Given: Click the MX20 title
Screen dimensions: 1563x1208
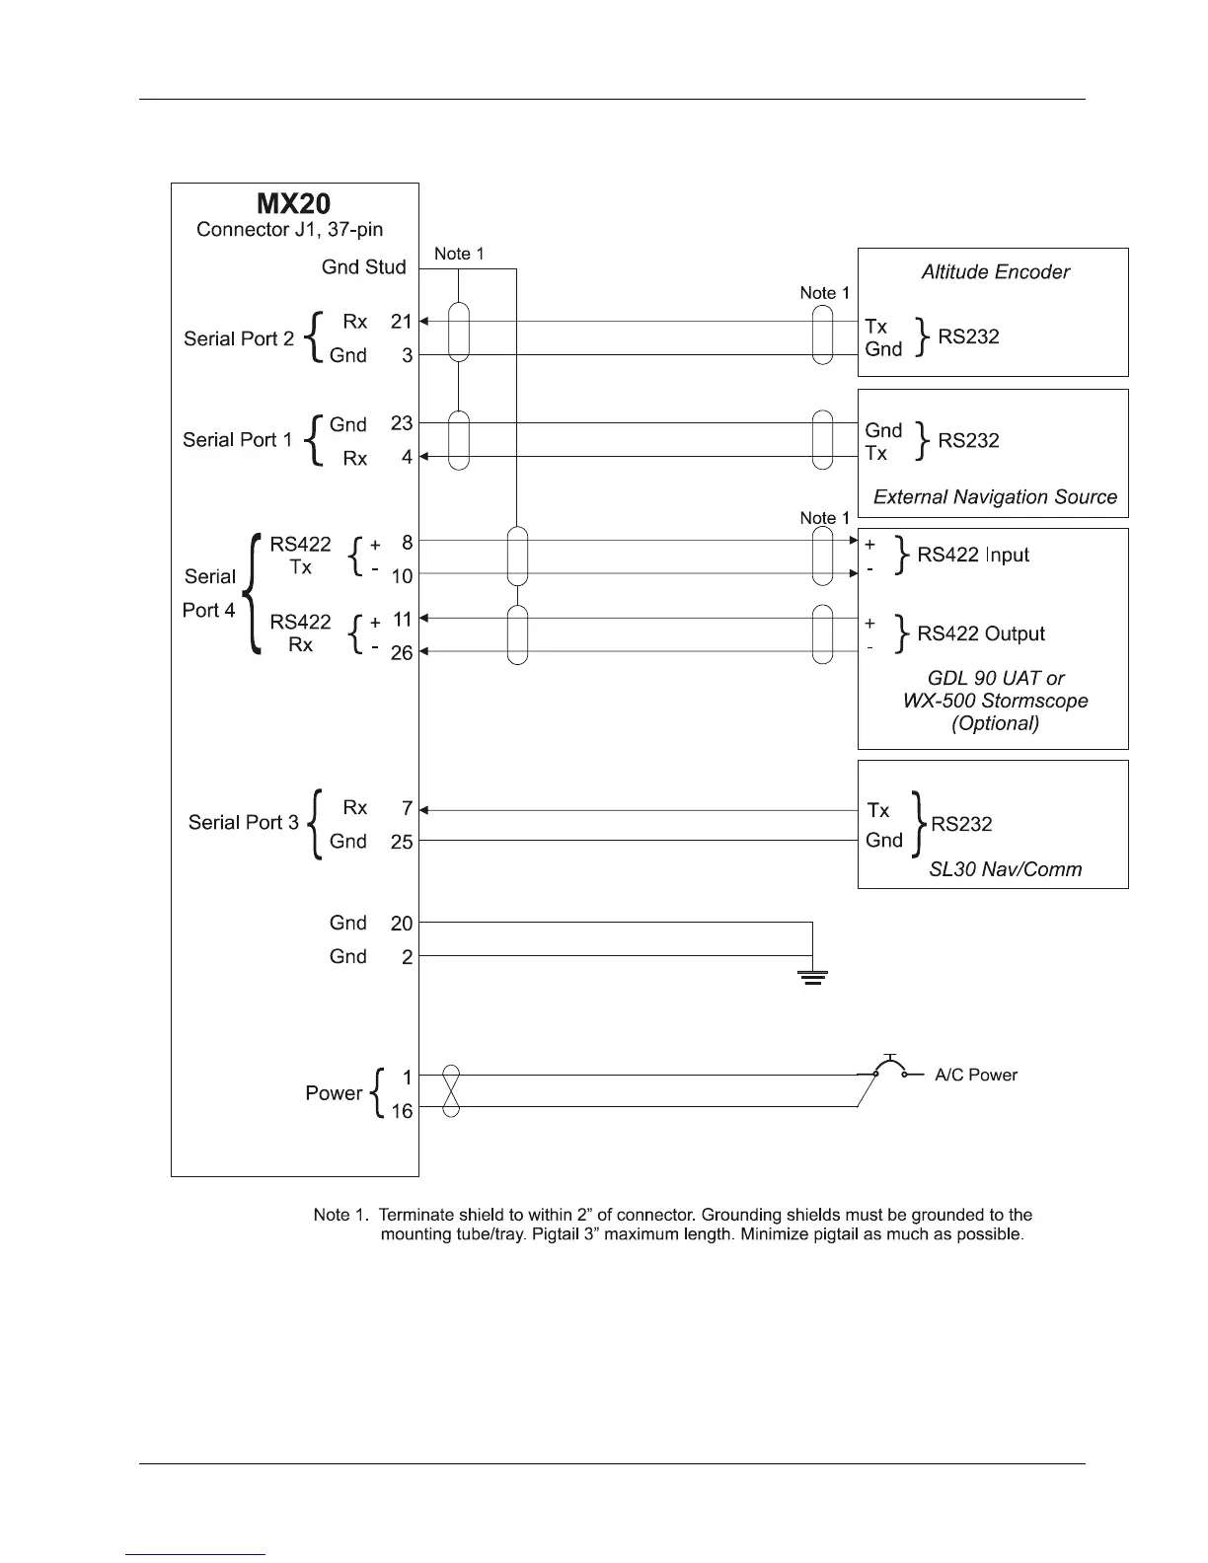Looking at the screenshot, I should [x=294, y=204].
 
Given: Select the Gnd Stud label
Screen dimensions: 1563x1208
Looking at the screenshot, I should [x=363, y=267].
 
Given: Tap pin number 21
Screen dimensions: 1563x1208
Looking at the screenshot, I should [x=401, y=322].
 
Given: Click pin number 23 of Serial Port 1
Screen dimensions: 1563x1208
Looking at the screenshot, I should [x=401, y=423].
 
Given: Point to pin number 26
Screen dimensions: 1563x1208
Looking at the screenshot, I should [x=401, y=653].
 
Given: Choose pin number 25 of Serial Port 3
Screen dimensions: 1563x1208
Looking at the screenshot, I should [x=401, y=842].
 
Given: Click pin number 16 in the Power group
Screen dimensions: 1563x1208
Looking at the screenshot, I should [x=401, y=1111].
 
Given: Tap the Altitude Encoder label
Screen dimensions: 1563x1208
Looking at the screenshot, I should [x=995, y=272].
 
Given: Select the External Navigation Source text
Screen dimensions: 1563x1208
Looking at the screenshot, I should [x=995, y=497].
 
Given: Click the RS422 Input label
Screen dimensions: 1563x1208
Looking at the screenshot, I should [x=973, y=555].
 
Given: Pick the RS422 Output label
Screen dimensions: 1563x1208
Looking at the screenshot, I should [x=981, y=633].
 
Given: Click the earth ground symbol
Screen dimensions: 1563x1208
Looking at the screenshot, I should [x=812, y=978].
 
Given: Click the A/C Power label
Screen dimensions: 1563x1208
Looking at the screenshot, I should [x=975, y=1076].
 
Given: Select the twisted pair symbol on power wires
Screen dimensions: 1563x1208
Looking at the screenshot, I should [x=451, y=1091].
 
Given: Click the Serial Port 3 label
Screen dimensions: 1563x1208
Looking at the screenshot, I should [x=243, y=822].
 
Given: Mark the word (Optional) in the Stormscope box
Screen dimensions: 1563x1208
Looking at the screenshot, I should [x=995, y=723].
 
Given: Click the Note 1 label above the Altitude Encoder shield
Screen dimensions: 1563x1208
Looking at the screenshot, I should [x=824, y=293].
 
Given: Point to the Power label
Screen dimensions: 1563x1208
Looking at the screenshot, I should [x=334, y=1093].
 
